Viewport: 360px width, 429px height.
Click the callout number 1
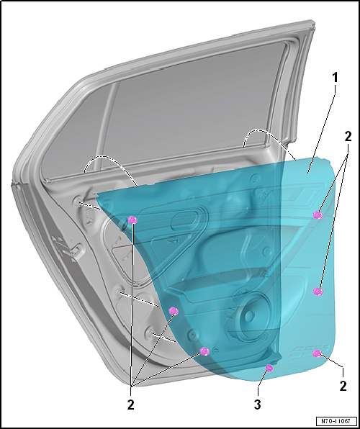click(x=335, y=78)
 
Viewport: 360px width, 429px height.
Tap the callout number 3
click(x=257, y=405)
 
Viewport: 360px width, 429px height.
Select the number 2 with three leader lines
click(x=131, y=405)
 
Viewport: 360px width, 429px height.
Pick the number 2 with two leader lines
click(x=348, y=137)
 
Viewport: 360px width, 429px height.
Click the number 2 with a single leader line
click(x=343, y=386)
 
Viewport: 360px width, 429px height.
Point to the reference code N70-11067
click(x=337, y=421)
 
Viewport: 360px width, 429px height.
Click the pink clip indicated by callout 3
click(x=269, y=368)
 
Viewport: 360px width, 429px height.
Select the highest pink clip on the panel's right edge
click(x=318, y=215)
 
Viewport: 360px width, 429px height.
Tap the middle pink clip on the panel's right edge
click(x=318, y=292)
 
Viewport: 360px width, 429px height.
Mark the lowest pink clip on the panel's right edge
click(x=318, y=353)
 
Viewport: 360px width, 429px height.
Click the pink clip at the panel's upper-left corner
click(x=132, y=220)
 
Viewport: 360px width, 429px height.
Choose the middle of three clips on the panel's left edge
click(x=174, y=311)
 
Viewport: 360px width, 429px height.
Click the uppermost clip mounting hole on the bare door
click(x=77, y=202)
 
